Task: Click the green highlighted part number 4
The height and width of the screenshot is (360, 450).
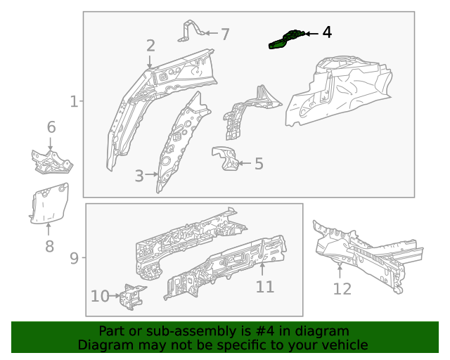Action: (x=287, y=40)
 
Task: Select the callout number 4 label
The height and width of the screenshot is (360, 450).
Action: (x=327, y=33)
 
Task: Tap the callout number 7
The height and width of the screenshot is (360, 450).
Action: (x=225, y=34)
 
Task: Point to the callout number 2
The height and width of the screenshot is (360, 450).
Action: (x=150, y=46)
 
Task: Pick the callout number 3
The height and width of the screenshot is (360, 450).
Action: (x=139, y=174)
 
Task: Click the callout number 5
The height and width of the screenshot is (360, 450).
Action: (x=259, y=164)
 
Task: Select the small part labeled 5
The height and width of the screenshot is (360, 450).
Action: (x=225, y=159)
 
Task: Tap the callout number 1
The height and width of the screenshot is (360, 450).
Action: (x=75, y=102)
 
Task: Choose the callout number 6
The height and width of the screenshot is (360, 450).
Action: (x=51, y=127)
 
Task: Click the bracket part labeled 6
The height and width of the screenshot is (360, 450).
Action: (x=51, y=161)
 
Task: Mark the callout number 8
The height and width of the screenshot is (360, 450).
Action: (x=49, y=246)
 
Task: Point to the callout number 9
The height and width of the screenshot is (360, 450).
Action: (x=75, y=259)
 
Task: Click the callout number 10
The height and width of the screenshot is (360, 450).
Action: (x=100, y=296)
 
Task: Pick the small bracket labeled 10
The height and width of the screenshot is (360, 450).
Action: (x=131, y=296)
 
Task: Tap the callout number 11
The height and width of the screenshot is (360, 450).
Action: (x=264, y=286)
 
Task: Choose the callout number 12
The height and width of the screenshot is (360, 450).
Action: (x=342, y=288)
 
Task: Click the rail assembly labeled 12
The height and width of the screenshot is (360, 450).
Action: (x=366, y=253)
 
